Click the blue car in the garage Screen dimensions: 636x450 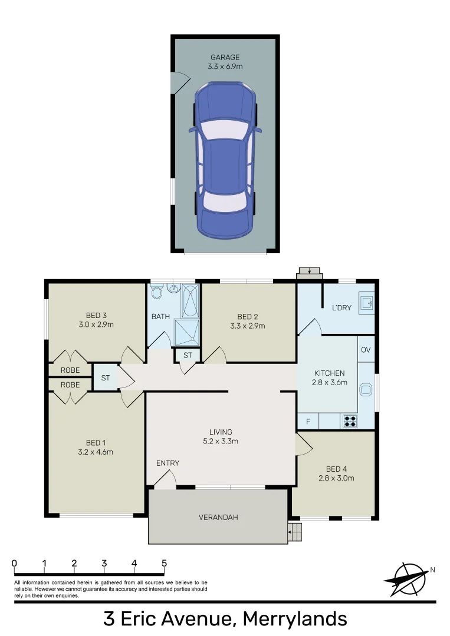(x=224, y=159)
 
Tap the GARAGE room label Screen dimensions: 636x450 (x=225, y=58)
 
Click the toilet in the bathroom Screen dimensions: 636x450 (x=157, y=293)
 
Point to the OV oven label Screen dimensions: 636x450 (x=366, y=350)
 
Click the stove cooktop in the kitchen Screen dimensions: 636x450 (x=349, y=421)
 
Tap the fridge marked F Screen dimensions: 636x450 (x=307, y=422)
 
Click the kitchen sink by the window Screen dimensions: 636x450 (x=366, y=389)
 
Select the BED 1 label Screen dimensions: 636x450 (x=96, y=443)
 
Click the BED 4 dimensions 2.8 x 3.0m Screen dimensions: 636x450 (x=334, y=478)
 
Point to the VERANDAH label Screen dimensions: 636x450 (x=218, y=518)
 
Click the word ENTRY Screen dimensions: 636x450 (x=167, y=463)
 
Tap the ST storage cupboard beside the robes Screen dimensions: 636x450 (x=105, y=378)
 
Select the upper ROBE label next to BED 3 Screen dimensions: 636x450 (x=70, y=370)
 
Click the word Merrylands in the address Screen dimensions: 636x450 (x=295, y=619)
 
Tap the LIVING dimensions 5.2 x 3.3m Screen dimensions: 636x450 (x=220, y=441)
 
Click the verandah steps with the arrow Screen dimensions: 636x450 (x=295, y=532)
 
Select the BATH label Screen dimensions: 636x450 (x=160, y=317)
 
